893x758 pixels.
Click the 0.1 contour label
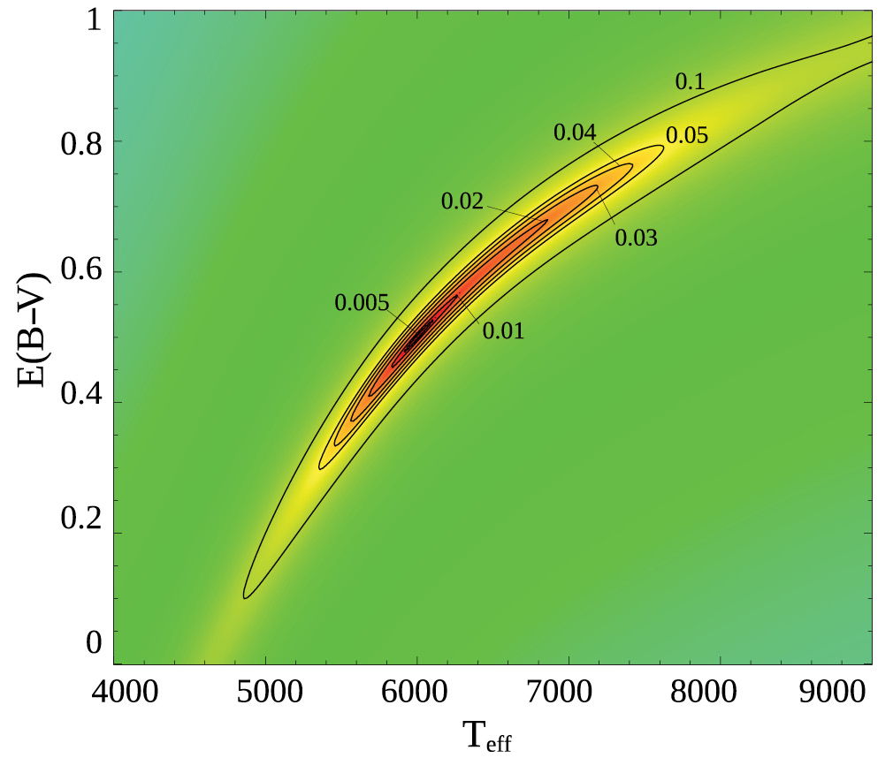point(689,82)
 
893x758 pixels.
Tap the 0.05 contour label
point(687,136)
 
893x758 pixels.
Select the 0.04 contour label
point(575,133)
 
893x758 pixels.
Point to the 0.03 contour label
point(637,238)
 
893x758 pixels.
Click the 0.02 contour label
point(462,201)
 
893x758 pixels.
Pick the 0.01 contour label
point(503,332)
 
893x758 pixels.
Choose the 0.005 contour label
point(362,303)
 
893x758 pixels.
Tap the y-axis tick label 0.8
point(80,142)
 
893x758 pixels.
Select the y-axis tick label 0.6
point(80,273)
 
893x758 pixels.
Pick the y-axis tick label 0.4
point(80,403)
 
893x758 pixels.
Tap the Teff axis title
point(485,735)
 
